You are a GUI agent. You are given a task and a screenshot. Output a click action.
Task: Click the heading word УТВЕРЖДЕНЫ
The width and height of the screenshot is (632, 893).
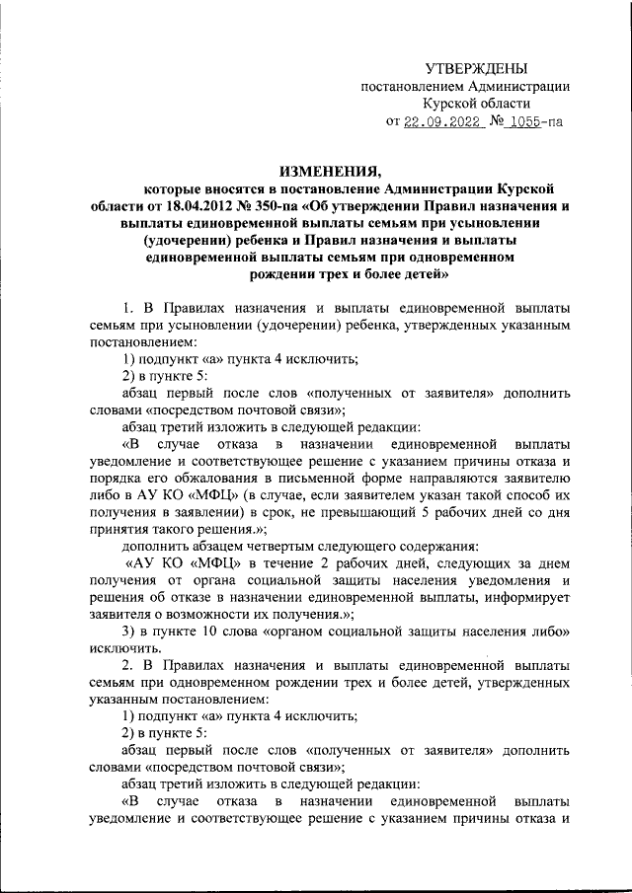[476, 67]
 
